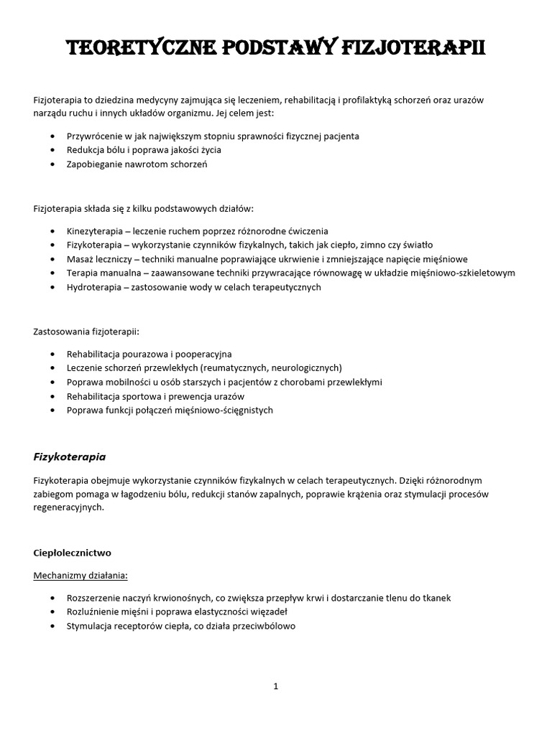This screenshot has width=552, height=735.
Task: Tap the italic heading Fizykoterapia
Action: coord(70,456)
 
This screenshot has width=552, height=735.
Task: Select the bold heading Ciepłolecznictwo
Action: coord(73,553)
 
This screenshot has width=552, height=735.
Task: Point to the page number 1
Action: coord(275,686)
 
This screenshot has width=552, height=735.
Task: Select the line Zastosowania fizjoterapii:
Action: coord(87,332)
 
